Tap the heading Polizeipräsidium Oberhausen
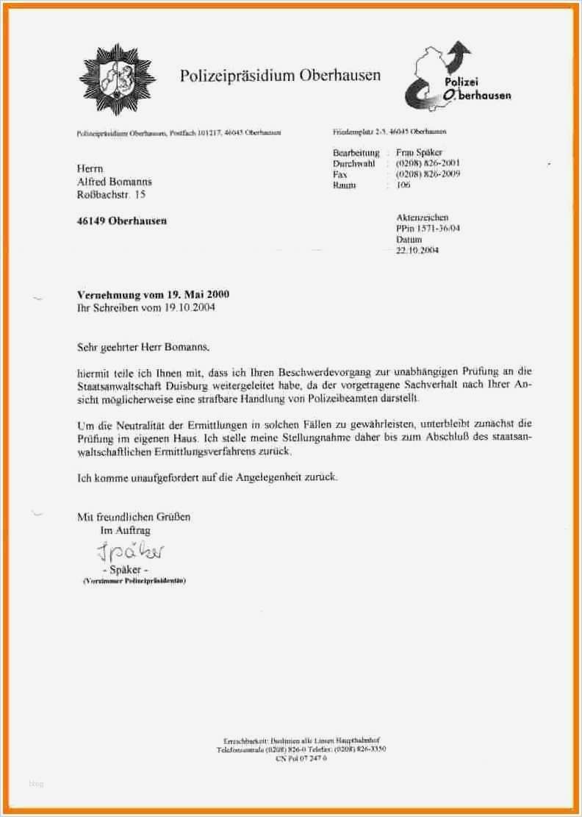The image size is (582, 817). (280, 75)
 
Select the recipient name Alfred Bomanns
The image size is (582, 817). (115, 182)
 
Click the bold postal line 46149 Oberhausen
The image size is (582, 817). (122, 221)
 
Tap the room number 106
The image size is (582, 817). (403, 185)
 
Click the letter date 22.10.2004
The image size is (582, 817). (417, 250)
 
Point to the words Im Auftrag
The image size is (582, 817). (125, 529)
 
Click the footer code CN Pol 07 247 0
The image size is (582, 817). (301, 757)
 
